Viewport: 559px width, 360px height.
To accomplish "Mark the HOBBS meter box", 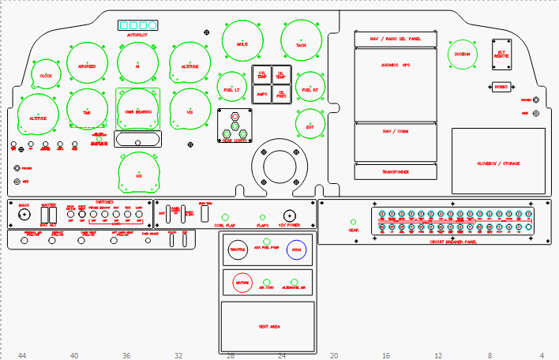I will click(502, 87).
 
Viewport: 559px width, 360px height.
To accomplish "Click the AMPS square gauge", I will click(263, 94).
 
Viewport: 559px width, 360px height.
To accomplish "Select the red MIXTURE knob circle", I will click(242, 282).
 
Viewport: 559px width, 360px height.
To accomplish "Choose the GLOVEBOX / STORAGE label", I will click(498, 163).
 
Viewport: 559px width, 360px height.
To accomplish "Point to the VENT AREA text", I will click(269, 324).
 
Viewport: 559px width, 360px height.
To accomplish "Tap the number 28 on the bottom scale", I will click(231, 356).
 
